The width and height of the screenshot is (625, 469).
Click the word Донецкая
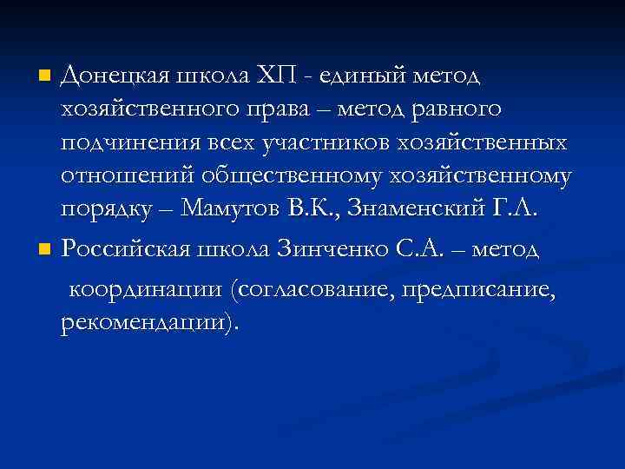(115, 76)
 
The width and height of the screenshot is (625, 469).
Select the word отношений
(127, 176)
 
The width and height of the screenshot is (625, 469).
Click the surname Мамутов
(230, 209)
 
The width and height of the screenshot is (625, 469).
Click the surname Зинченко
(329, 249)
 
